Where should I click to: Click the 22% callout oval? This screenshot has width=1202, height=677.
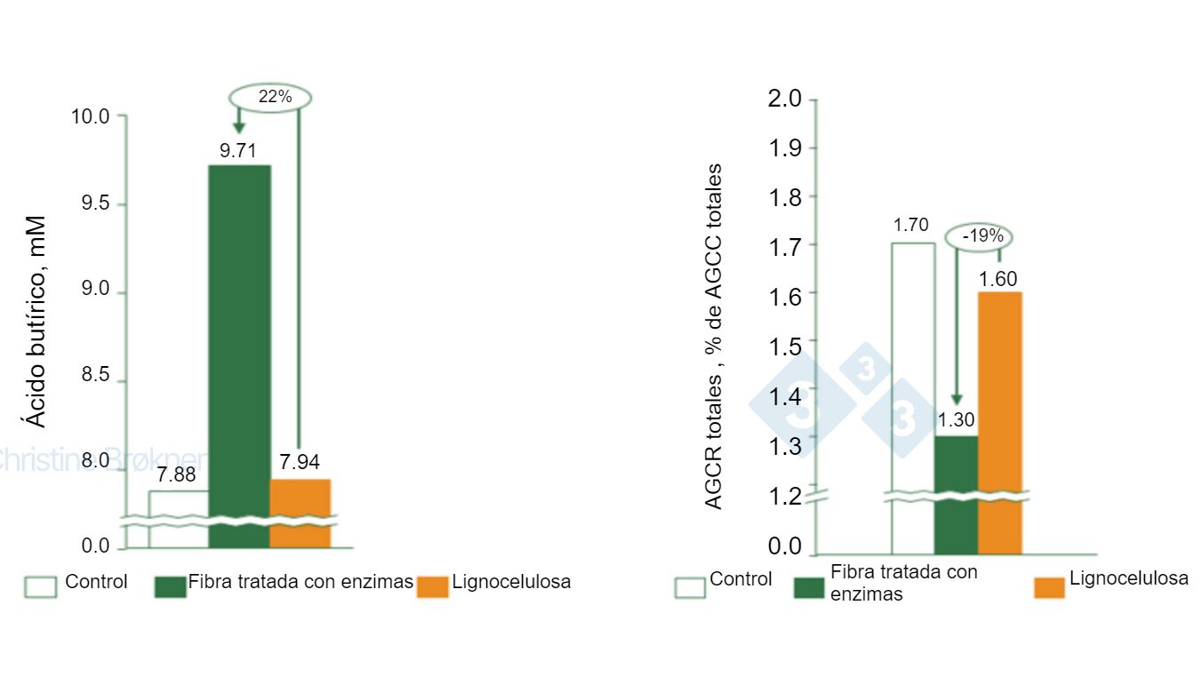272,97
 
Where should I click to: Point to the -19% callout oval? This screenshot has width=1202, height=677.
978,236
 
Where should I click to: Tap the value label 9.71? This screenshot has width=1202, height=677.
238,151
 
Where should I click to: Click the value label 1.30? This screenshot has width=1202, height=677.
957,420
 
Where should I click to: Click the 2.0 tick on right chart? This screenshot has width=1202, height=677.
785,99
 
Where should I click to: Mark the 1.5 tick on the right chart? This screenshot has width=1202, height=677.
785,346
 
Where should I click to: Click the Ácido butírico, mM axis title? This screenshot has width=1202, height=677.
36,320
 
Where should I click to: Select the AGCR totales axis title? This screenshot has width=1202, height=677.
714,338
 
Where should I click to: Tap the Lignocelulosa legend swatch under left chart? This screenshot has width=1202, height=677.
433,585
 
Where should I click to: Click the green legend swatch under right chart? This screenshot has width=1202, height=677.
809,587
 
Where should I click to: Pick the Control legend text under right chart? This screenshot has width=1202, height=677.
741,580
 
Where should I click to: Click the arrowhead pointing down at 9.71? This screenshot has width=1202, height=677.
238,126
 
